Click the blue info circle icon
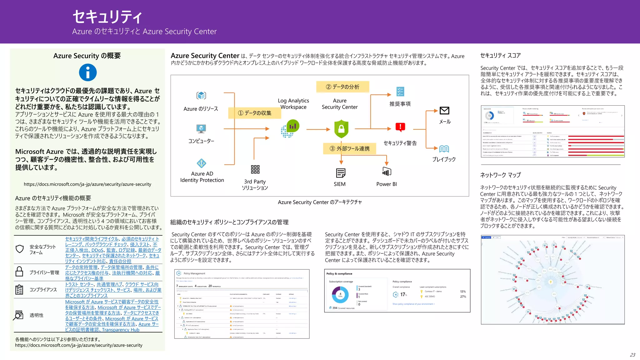coord(88,72)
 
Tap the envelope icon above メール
coord(444,111)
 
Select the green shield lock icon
coord(341,129)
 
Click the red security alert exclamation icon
coord(400,127)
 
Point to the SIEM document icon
coord(340,173)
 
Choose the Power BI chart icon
coord(387,172)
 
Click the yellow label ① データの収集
coord(254,113)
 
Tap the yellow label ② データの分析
coord(342,87)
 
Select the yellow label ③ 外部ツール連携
coord(349,148)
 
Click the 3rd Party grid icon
coord(255,169)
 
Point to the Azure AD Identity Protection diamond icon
coord(202,163)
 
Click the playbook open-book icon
coord(444,149)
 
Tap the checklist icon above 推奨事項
coord(400,92)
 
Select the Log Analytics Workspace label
coord(293,104)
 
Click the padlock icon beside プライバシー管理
coord(19,272)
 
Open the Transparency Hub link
coord(121,330)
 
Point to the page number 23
coord(632,355)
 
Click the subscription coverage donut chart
coord(340,294)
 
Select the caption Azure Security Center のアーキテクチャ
coord(320,202)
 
